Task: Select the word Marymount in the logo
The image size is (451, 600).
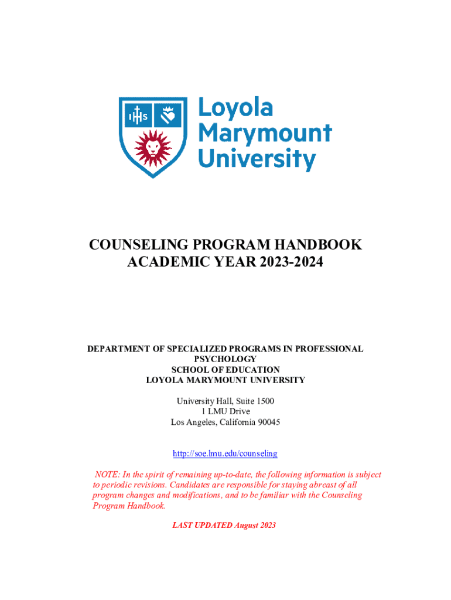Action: (x=265, y=134)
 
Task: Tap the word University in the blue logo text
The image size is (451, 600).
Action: (x=257, y=159)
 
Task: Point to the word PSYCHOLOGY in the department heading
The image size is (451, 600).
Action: (x=225, y=359)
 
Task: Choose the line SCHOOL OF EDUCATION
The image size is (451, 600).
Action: (x=225, y=370)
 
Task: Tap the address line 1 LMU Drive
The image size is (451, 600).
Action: (x=225, y=412)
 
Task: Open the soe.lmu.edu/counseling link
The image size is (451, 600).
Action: (x=225, y=454)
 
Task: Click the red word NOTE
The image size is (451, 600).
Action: (x=107, y=475)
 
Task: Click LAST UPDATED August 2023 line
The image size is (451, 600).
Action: (x=224, y=525)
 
